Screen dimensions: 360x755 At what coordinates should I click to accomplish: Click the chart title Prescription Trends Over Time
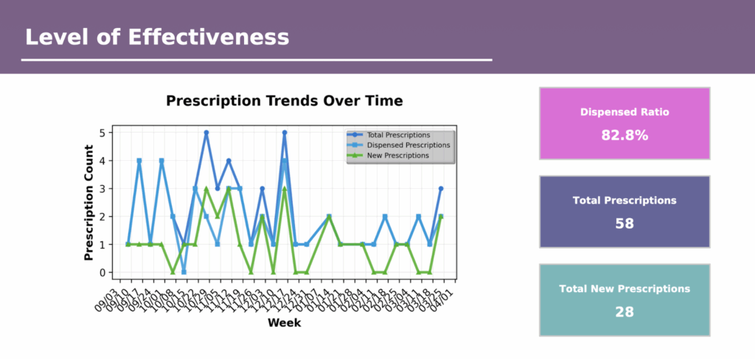tap(285, 100)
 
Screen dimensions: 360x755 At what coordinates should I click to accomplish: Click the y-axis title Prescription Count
tap(89, 202)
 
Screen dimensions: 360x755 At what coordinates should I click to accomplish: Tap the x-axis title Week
tap(284, 323)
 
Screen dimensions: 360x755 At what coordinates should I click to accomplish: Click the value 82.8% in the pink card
tap(624, 135)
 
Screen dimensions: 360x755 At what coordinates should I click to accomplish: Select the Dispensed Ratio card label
tap(624, 113)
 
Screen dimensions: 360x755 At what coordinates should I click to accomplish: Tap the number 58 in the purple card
tap(624, 224)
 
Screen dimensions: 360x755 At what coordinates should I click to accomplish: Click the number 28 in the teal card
tap(624, 312)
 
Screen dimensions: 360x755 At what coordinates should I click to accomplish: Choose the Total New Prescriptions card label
tap(624, 289)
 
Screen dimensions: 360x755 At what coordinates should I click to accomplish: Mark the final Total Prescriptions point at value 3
tap(441, 189)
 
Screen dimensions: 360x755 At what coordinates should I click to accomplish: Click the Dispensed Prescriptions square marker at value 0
tap(184, 272)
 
